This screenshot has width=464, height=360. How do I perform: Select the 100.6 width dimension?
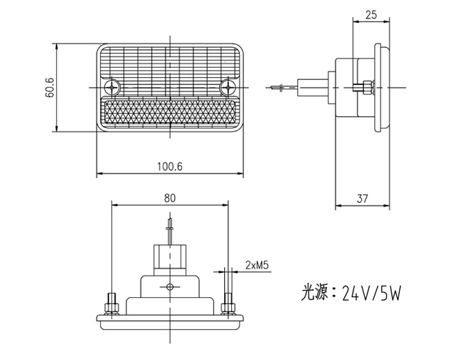[x=169, y=166]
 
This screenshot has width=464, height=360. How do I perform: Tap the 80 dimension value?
[x=169, y=198]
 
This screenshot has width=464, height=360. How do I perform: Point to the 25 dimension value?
[x=370, y=14]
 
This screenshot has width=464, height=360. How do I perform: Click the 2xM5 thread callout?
[x=256, y=265]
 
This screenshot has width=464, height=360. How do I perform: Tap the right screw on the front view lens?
[x=228, y=87]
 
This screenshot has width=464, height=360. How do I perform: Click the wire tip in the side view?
[x=276, y=88]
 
